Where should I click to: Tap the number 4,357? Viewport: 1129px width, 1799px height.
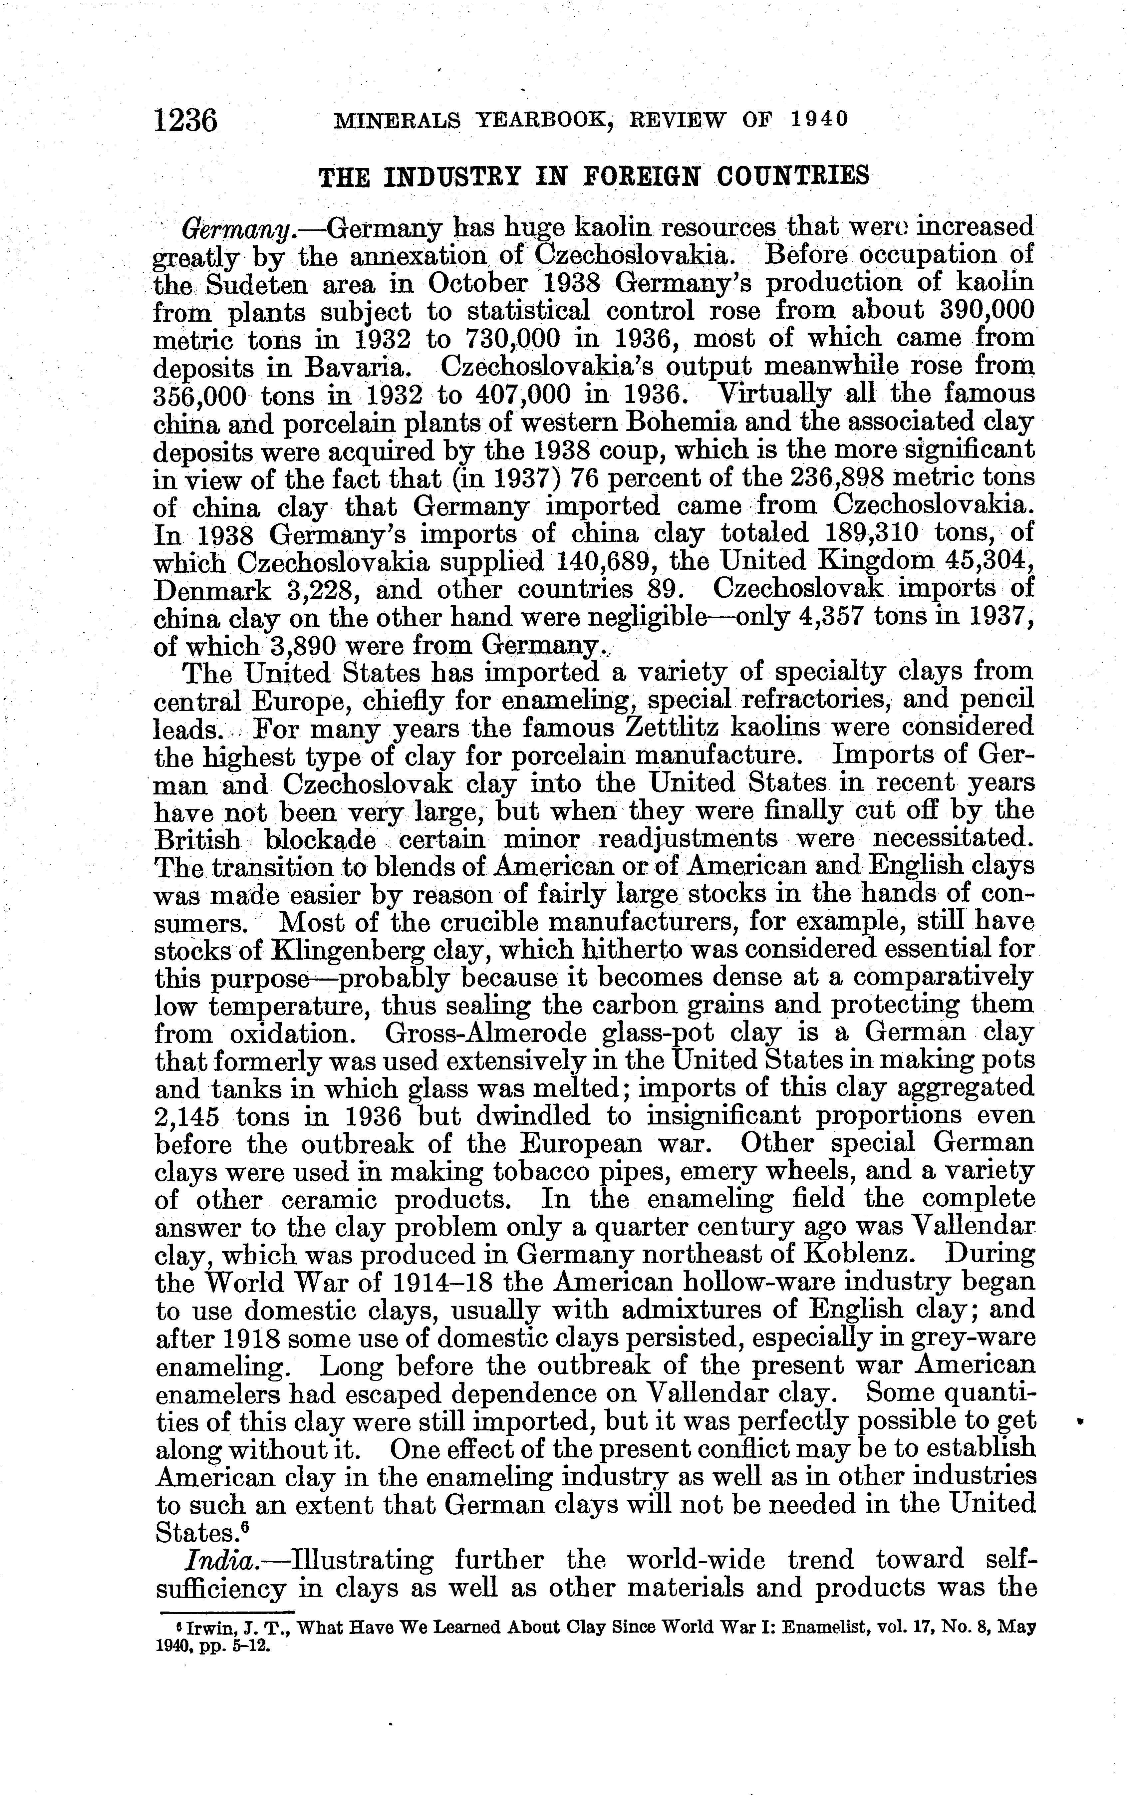pyautogui.click(x=804, y=618)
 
